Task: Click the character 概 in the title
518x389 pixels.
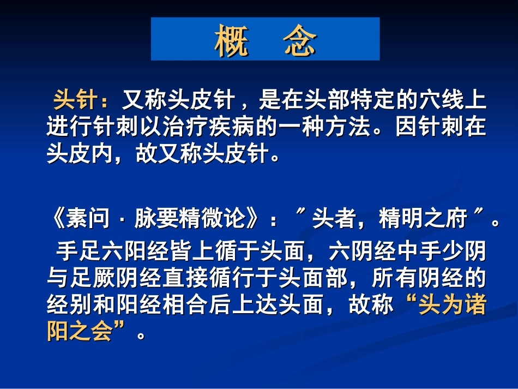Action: pyautogui.click(x=232, y=40)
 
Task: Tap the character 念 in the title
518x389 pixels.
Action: pyautogui.click(x=300, y=40)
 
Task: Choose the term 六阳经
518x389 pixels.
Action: pyautogui.click(x=122, y=252)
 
